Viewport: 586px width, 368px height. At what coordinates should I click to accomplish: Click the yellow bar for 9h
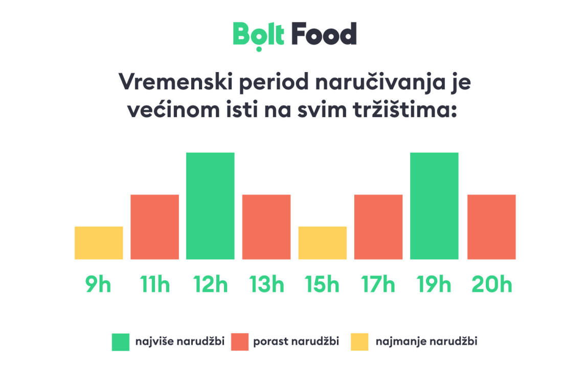coord(99,243)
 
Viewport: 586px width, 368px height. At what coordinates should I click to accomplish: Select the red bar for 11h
coord(154,227)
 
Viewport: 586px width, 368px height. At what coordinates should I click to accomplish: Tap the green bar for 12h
coord(210,206)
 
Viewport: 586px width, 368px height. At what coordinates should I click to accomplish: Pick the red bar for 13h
coord(266,227)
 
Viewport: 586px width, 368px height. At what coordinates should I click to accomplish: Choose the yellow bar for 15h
coord(322,243)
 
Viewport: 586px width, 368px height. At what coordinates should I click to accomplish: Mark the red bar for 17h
coord(378,227)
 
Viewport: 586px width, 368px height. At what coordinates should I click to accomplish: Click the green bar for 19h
coord(434,206)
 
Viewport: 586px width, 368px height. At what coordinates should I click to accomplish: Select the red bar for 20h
coord(491,227)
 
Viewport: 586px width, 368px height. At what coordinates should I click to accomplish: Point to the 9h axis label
coord(98,285)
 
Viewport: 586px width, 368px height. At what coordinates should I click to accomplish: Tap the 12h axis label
coord(210,285)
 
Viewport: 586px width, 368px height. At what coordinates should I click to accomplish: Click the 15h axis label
coord(322,285)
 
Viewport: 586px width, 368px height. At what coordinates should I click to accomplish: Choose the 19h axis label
coord(434,285)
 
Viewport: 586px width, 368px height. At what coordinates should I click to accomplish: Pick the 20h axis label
coord(491,285)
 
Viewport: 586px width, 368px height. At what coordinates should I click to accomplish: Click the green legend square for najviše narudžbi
coord(121,342)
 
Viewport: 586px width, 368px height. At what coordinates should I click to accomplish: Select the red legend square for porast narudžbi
coord(240,342)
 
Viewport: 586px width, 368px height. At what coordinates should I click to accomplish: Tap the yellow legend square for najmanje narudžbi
coord(359,342)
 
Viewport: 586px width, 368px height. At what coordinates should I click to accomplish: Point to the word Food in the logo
coord(324,35)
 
